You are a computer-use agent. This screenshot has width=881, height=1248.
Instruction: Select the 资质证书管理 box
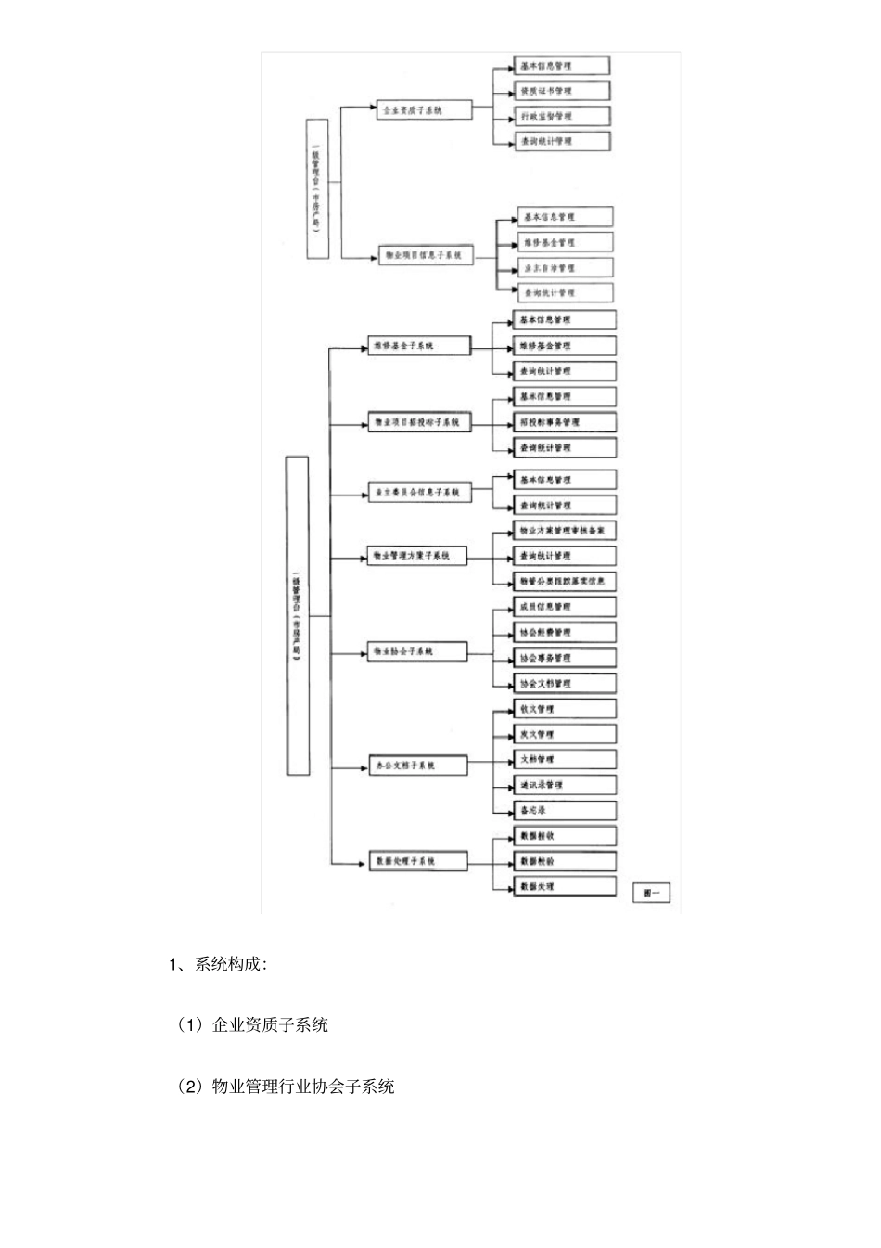pyautogui.click(x=563, y=91)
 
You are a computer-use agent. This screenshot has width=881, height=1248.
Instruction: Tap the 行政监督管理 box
pyautogui.click(x=563, y=116)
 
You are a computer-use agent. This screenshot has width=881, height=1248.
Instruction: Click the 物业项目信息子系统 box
pyautogui.click(x=426, y=254)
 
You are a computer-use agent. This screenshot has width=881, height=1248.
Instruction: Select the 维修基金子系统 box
pyautogui.click(x=418, y=346)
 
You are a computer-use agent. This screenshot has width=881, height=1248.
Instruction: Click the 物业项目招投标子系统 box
pyautogui.click(x=418, y=422)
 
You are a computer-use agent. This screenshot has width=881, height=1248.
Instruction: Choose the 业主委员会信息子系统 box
pyautogui.click(x=418, y=493)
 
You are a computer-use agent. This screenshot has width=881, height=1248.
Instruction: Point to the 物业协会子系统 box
pyautogui.click(x=416, y=651)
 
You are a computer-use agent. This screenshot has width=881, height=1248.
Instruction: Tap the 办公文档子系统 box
pyautogui.click(x=416, y=766)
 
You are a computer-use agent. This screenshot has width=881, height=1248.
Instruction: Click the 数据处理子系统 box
pyautogui.click(x=416, y=861)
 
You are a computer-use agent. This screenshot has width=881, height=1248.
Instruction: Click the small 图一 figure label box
pyautogui.click(x=651, y=893)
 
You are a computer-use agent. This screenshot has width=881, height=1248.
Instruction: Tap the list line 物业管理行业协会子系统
pyautogui.click(x=303, y=1086)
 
